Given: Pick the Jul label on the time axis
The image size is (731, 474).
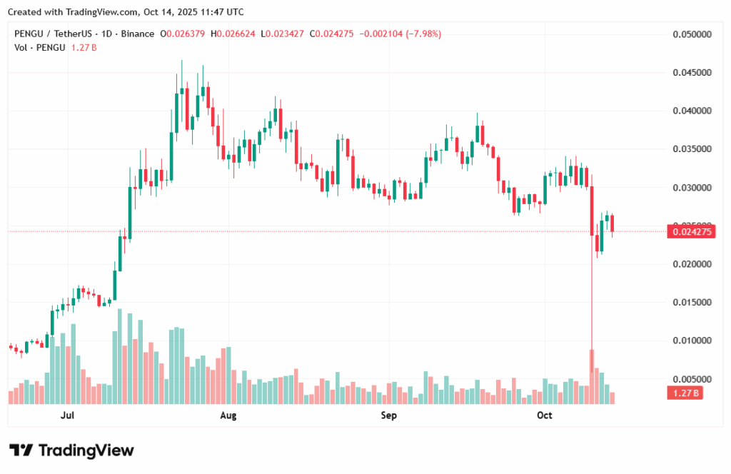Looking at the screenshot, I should (68, 415).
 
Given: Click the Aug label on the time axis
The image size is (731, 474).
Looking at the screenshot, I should (228, 415).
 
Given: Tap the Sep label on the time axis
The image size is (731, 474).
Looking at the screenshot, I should (388, 415).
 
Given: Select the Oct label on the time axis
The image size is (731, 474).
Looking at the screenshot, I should (545, 415).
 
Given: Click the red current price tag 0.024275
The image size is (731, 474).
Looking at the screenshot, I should (685, 231).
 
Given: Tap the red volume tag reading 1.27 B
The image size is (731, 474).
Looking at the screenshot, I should (685, 393).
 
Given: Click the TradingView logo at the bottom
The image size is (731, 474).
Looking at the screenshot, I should (71, 450).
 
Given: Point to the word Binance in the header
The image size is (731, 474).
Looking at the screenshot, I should (136, 34).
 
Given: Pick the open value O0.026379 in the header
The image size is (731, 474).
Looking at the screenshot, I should (183, 34).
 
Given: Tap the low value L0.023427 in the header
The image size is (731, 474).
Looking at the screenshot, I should (283, 34).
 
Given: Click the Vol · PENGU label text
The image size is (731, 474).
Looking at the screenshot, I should (40, 47).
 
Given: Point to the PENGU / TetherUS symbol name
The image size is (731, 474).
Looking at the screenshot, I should (54, 34).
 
